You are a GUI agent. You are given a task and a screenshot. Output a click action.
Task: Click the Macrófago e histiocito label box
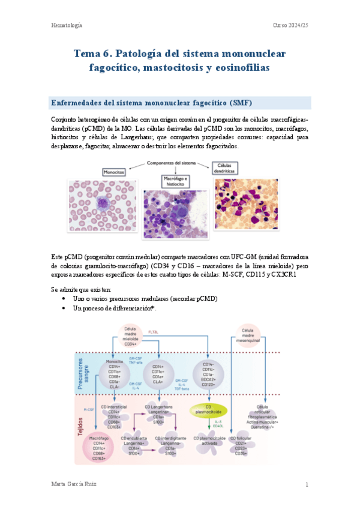click(179, 181)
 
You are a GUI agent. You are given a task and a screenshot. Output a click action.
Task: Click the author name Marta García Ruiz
click(73, 484)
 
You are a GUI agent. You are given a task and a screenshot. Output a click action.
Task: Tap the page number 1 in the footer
click(307, 484)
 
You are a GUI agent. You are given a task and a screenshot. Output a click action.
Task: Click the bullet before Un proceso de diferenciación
click(64, 308)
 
